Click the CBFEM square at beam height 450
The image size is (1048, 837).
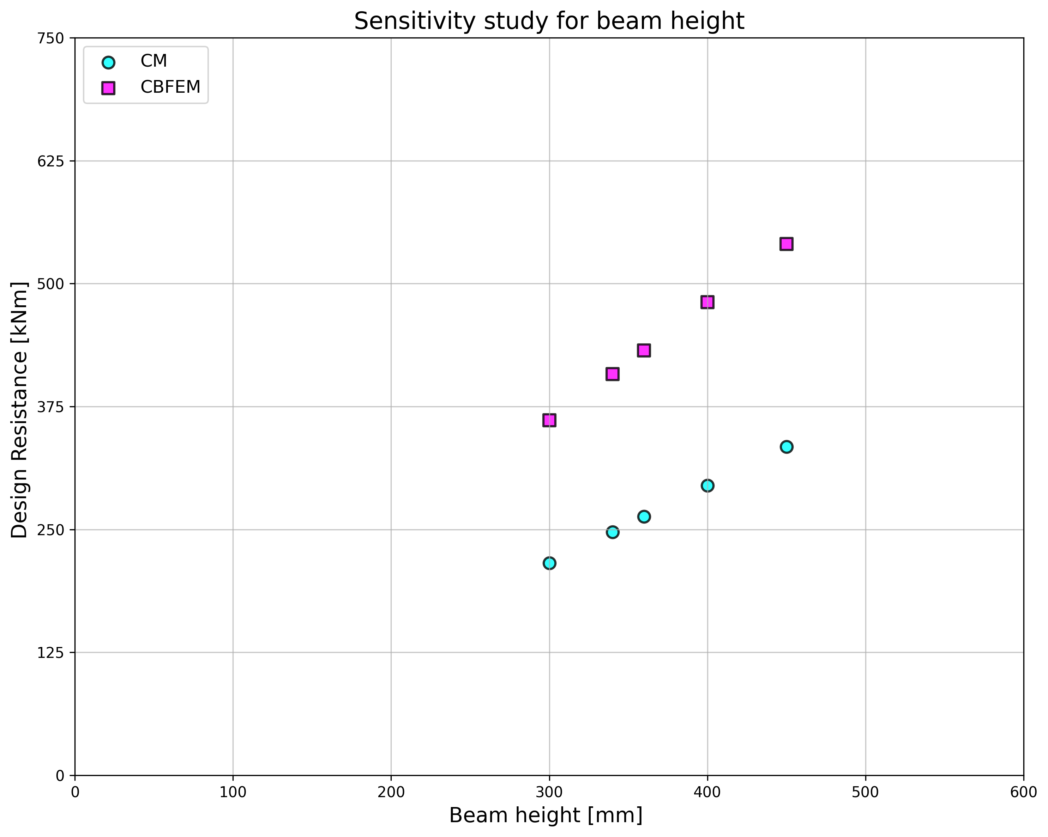point(787,244)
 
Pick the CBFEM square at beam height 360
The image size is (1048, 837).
point(644,350)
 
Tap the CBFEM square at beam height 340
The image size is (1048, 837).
point(613,374)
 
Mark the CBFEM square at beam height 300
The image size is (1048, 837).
point(549,420)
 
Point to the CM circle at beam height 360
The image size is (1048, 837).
point(644,517)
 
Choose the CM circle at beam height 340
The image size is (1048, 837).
point(613,532)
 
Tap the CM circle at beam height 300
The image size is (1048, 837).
point(549,563)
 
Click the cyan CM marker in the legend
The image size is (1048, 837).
point(108,62)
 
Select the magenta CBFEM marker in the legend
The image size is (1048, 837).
point(108,88)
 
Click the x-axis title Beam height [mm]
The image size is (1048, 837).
point(546,815)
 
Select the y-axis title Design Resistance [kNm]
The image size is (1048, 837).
point(19,410)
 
